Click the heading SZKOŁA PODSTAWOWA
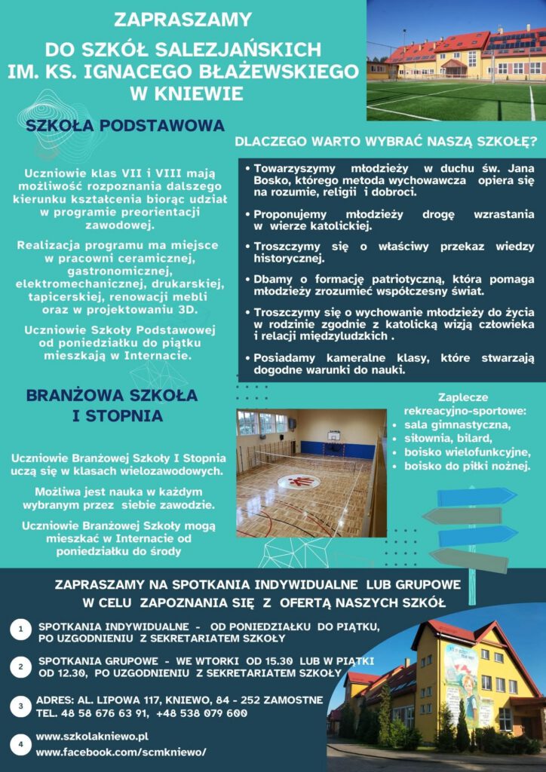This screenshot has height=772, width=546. click(125, 125)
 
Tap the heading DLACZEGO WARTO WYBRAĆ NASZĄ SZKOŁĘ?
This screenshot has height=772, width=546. click(385, 141)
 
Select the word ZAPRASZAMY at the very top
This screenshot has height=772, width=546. click(183, 20)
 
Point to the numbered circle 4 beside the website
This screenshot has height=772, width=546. click(21, 743)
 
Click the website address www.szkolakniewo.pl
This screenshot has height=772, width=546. click(92, 736)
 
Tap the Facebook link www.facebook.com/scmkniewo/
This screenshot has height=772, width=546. click(121, 752)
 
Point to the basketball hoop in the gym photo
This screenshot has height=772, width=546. click(333, 436)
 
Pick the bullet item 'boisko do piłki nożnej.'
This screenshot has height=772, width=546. click(467, 467)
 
